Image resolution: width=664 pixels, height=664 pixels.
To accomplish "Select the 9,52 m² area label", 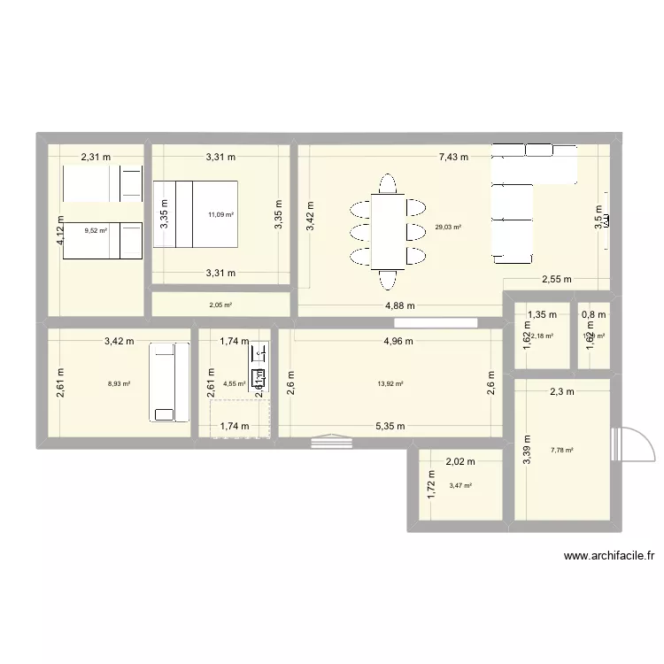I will [96, 230].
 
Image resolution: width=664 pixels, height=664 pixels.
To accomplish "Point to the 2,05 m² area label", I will [220, 305].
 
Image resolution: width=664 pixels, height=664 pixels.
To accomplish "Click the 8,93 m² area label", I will [119, 384].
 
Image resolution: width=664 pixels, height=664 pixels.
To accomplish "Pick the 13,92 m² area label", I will [390, 384].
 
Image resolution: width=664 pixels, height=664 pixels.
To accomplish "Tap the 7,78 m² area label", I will [561, 450].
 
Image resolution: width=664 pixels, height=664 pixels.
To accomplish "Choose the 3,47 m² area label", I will [460, 485].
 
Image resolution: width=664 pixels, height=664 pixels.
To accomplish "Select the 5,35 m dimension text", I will [390, 426].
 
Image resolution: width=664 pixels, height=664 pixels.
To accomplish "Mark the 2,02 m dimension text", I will [460, 461].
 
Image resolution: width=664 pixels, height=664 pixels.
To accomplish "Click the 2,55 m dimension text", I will [557, 280].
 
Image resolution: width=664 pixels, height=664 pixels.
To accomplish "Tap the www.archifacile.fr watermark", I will [608, 557].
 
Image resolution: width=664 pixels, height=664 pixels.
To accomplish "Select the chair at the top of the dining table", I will [387, 184].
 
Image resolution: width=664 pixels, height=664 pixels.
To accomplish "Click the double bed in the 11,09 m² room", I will [197, 214].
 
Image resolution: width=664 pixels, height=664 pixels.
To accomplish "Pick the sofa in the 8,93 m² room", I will [166, 382].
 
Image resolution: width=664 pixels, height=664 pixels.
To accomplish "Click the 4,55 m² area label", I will [235, 384].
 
